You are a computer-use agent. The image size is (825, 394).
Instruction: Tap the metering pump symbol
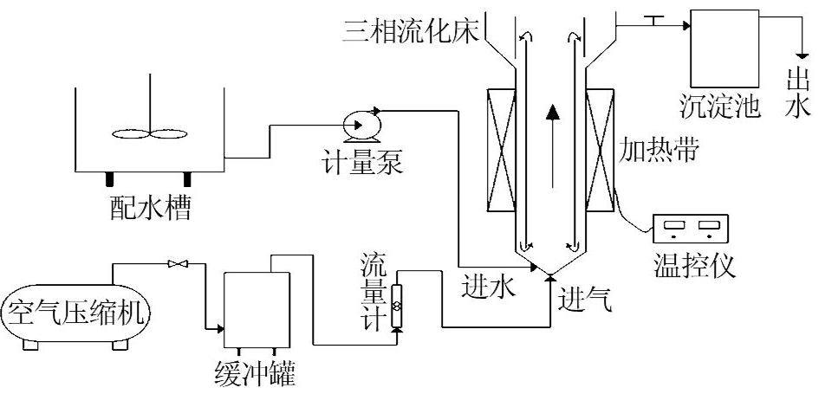(x=358, y=126)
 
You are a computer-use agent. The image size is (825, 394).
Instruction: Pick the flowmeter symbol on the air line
(x=396, y=306)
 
